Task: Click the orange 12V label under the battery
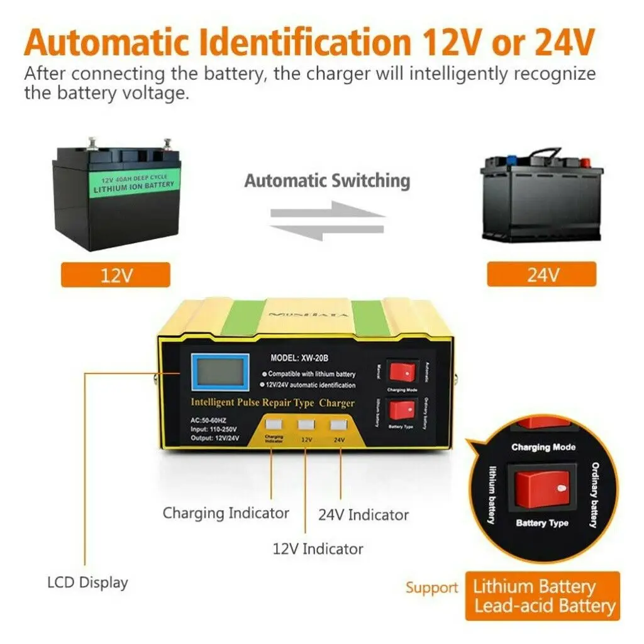pos(116,275)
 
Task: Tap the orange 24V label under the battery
pos(541,274)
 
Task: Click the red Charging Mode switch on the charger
pos(402,372)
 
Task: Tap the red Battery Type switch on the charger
pos(402,413)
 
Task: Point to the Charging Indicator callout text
pos(226,513)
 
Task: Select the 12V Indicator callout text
pos(318,548)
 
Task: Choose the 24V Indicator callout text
pos(363,515)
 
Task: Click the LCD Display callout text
pos(87,582)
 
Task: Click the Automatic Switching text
pos(327,181)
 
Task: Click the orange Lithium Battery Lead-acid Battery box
pos(542,596)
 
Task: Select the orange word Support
pos(431,588)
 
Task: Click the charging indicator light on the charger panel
pos(274,425)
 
